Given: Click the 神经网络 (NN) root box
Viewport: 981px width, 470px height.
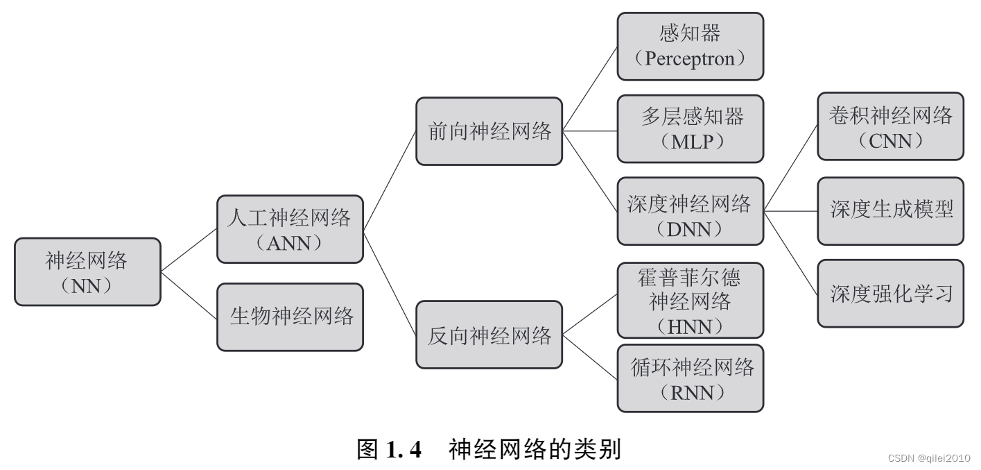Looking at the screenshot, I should [x=87, y=272].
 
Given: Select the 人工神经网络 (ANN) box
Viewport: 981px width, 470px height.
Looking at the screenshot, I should [x=290, y=229].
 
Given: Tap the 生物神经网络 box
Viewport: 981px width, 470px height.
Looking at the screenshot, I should [x=290, y=317].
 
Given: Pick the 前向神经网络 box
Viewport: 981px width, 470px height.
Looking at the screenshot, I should [x=489, y=131].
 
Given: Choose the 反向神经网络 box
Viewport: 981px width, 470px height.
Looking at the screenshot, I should [x=489, y=335].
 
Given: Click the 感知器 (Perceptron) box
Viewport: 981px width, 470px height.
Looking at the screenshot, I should [x=690, y=46].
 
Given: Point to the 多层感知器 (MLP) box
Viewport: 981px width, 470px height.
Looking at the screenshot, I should [x=690, y=128].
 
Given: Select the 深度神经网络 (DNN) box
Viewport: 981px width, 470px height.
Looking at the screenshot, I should [x=690, y=211].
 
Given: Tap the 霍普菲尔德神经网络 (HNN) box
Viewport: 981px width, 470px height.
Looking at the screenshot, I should [x=690, y=300].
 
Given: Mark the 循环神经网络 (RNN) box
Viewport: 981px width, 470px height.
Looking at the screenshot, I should [x=690, y=378].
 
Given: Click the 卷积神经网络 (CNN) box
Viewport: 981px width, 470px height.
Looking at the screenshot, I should [x=890, y=126].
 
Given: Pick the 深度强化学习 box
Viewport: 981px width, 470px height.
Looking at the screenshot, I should [x=890, y=293].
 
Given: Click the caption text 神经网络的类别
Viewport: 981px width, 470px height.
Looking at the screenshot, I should [x=534, y=450].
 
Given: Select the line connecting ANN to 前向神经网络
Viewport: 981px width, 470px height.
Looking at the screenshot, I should [x=389, y=181].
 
